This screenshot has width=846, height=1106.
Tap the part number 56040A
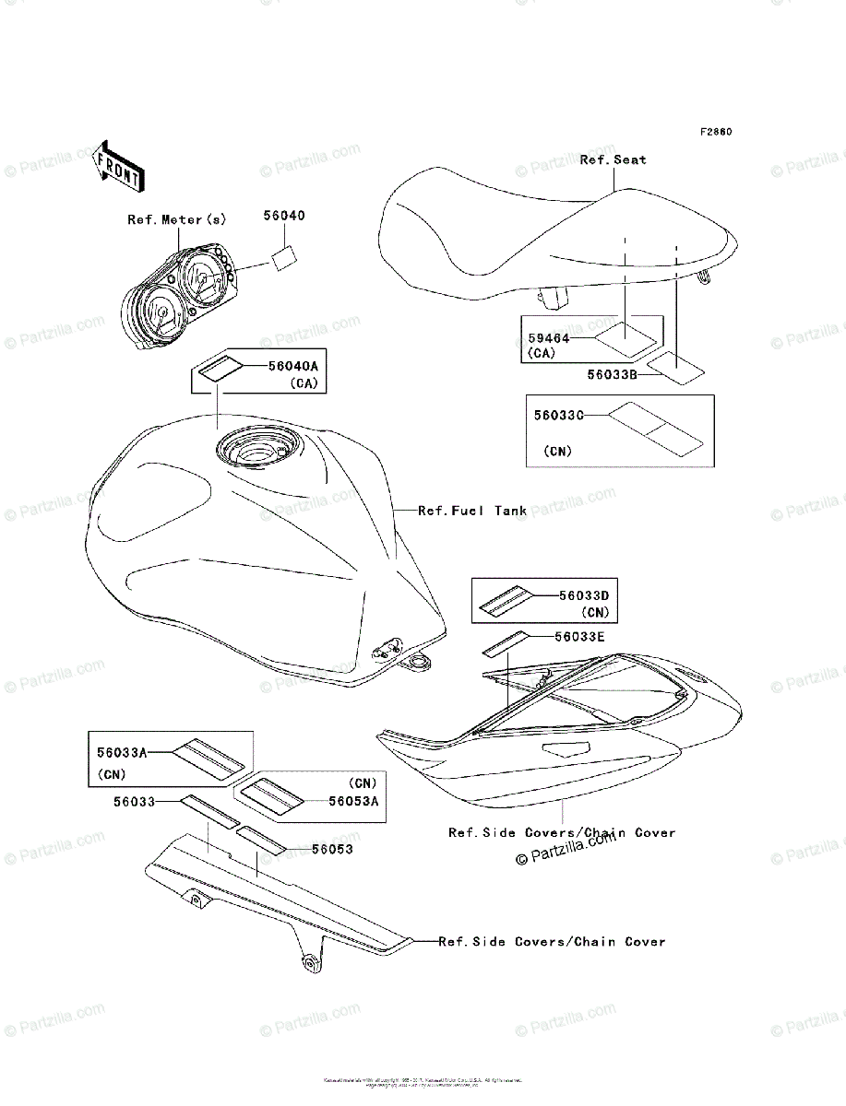pyautogui.click(x=292, y=366)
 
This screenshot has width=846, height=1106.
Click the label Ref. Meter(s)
pyautogui.click(x=176, y=219)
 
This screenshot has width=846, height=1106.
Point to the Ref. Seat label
pyautogui.click(x=613, y=159)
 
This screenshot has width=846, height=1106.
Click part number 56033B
pyautogui.click(x=614, y=375)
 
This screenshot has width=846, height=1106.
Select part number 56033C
pyautogui.click(x=559, y=416)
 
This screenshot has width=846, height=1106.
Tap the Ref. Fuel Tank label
pyautogui.click(x=472, y=510)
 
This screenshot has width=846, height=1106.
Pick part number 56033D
pyautogui.click(x=585, y=594)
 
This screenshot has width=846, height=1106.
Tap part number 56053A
pyautogui.click(x=354, y=801)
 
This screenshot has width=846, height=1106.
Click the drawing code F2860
pyautogui.click(x=715, y=132)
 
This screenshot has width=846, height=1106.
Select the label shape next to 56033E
pyautogui.click(x=505, y=643)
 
